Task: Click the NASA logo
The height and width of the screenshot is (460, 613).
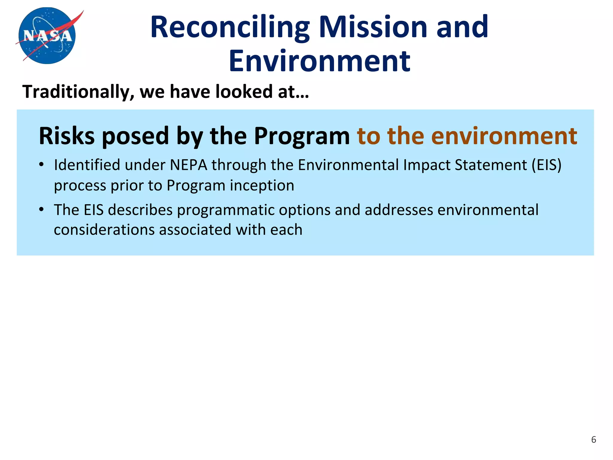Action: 47,36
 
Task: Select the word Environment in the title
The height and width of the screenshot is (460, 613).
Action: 319,61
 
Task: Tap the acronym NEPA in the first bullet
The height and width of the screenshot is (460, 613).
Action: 189,165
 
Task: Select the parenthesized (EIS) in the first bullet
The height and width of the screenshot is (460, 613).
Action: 546,165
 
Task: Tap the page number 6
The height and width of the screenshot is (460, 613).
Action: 594,440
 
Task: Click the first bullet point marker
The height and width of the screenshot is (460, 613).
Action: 42,165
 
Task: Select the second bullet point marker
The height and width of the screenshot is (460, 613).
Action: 42,210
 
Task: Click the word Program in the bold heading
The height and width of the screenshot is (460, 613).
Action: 302,136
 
